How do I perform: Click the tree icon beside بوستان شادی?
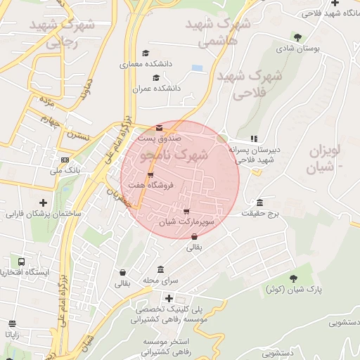pos(297,37)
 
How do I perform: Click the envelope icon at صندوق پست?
pos(159,128)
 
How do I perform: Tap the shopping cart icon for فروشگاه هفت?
pos(150,175)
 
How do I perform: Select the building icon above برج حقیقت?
pos(260,202)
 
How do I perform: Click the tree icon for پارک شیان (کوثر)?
pos(293,278)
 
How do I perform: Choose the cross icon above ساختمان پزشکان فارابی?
pos(44,202)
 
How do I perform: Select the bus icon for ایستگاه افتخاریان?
pos(21,261)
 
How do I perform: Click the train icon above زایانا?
pos(12,324)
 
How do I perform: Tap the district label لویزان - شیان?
pos(324,160)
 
